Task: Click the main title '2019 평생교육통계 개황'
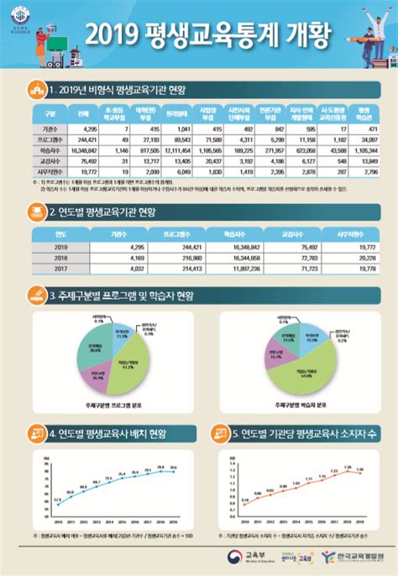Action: tap(199, 34)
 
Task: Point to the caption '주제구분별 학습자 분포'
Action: tap(297, 405)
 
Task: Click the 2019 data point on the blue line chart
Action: tap(173, 471)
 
